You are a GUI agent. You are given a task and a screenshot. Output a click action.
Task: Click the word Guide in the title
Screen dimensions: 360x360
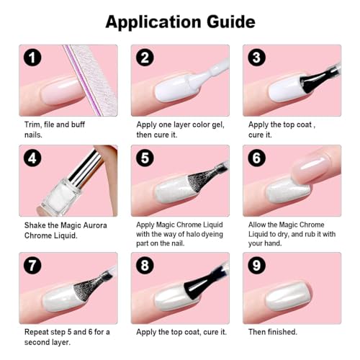231,22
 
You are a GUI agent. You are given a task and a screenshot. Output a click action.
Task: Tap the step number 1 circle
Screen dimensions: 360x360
32,58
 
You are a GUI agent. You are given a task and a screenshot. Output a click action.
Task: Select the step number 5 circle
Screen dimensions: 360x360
145,158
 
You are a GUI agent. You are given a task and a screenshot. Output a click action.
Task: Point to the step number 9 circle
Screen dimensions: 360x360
256,265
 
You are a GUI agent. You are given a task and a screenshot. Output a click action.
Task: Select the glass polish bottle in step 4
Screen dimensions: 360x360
60,197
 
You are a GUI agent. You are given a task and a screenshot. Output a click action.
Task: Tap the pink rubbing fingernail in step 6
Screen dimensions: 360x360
312,168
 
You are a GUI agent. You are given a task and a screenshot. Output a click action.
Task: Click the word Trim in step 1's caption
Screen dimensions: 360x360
32,125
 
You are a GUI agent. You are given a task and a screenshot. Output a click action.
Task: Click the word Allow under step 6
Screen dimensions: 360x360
257,225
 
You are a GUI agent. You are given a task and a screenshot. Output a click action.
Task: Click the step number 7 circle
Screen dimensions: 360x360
32,265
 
